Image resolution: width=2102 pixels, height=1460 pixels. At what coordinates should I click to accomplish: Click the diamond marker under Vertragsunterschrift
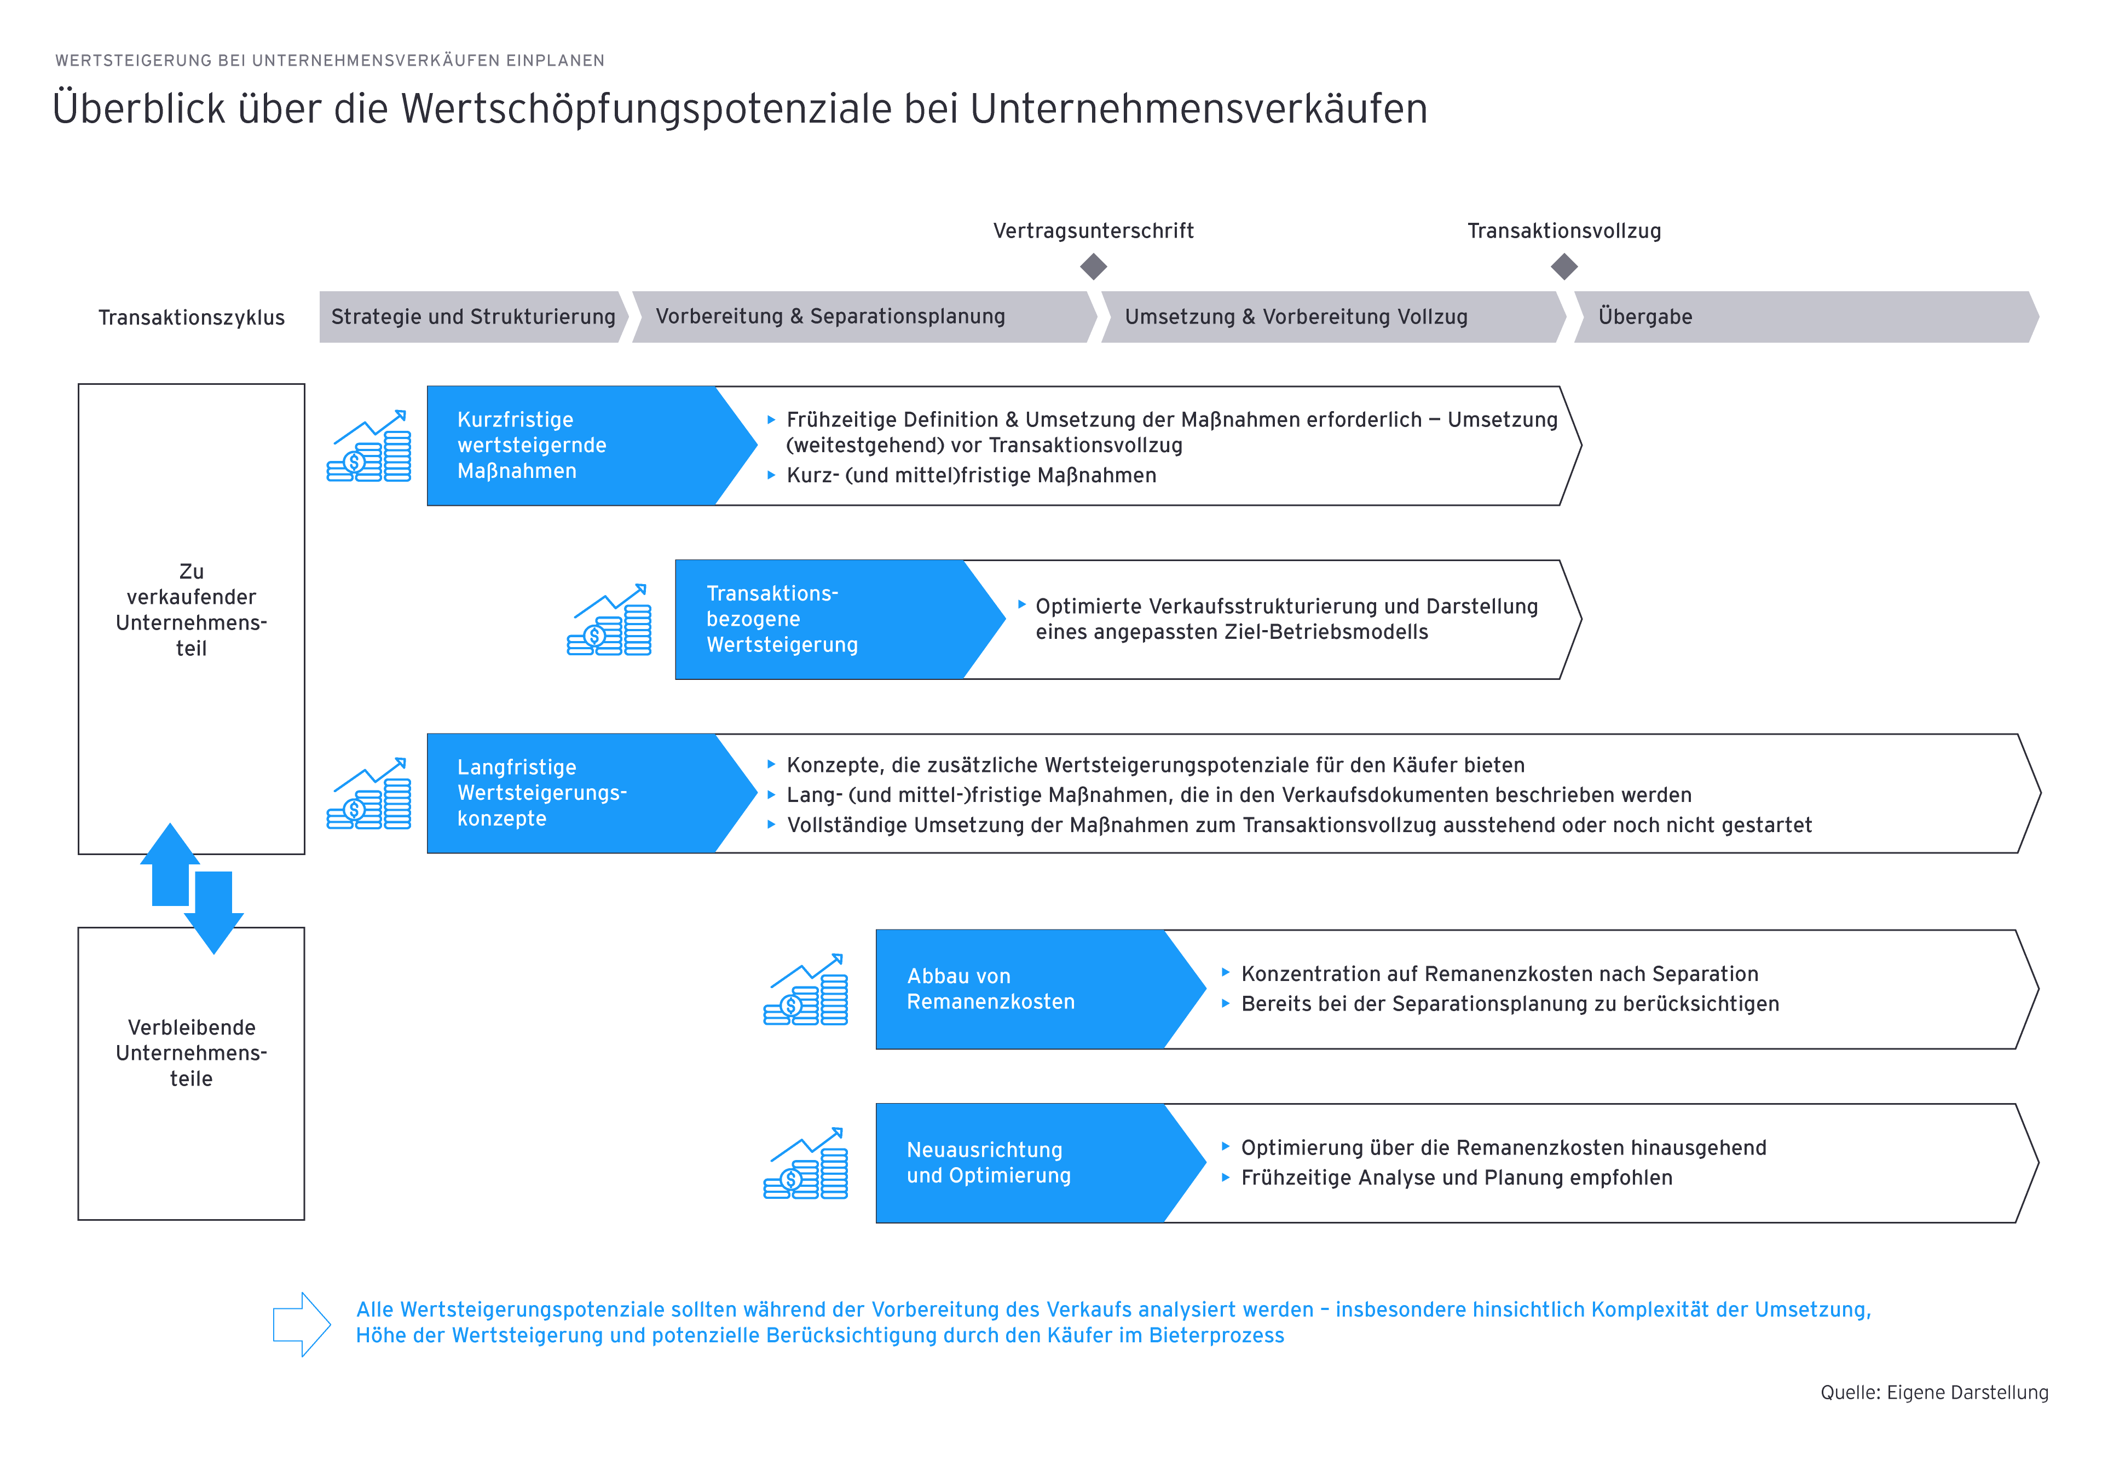(1093, 267)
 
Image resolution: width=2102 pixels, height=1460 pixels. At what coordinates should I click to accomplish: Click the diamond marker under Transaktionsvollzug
(1564, 267)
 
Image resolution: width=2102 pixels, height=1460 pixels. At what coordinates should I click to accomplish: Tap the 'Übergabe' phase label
(1644, 316)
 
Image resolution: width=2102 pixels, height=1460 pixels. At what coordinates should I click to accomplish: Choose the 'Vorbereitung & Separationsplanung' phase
(830, 316)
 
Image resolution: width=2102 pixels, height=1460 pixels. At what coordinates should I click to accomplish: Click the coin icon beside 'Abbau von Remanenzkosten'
(806, 991)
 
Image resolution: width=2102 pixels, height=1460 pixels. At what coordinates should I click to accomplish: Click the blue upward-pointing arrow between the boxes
(170, 864)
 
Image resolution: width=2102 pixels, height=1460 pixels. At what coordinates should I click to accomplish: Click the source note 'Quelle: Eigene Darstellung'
(1934, 1392)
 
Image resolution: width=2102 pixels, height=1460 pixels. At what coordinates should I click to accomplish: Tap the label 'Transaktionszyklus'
(191, 318)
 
